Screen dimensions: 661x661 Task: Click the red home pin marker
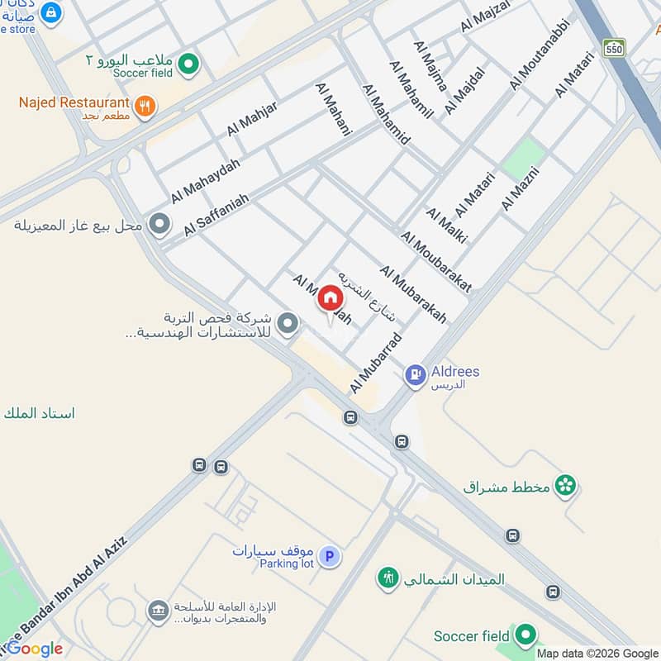330,299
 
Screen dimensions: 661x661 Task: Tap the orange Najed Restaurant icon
145,106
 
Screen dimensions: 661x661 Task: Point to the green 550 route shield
613,47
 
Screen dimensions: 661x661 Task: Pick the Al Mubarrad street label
375,362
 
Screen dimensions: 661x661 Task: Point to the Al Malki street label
447,225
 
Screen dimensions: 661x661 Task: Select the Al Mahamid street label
387,115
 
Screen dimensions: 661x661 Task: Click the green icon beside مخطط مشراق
565,484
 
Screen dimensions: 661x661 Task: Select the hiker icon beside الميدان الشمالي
388,578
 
